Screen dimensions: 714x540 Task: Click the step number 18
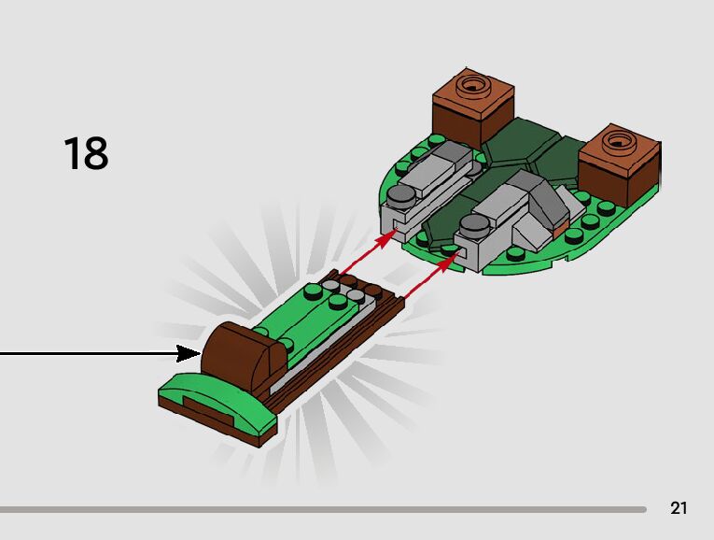coord(86,154)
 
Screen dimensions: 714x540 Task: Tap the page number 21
coord(679,508)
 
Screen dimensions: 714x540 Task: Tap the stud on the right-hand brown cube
coord(620,143)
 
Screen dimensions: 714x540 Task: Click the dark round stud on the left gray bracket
coord(401,195)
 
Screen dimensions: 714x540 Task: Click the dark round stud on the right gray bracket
coord(473,223)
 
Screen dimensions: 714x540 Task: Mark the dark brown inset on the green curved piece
coord(206,406)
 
